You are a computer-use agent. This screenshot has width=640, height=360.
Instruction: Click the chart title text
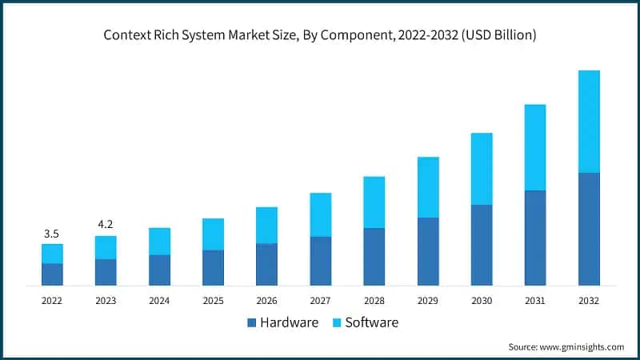point(320,35)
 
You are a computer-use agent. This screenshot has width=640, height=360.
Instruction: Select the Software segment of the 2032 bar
point(589,121)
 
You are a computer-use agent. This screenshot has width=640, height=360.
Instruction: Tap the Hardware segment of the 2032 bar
point(589,229)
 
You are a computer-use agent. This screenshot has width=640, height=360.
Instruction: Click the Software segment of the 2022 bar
point(52,254)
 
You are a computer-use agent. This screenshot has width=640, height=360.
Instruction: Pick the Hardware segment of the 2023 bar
point(106,272)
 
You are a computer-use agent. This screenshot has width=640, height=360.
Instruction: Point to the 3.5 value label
point(52,234)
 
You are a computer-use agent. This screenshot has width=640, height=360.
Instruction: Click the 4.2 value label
point(106,225)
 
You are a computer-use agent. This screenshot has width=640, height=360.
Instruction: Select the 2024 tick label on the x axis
point(159,301)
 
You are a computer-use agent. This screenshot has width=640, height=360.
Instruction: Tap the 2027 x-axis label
point(320,301)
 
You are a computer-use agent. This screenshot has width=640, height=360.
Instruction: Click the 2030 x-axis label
point(482,301)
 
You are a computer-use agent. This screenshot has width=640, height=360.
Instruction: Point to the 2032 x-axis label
point(589,301)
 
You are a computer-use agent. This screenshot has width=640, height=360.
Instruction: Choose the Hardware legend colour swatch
point(252,323)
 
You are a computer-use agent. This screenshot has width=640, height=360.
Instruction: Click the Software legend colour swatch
point(337,323)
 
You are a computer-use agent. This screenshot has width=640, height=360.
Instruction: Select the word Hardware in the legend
point(289,323)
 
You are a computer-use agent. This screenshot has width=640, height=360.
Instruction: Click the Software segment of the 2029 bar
point(428,187)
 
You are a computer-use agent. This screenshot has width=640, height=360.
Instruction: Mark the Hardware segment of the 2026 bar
point(266,264)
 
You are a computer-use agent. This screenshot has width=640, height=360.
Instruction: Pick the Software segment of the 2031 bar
point(535,147)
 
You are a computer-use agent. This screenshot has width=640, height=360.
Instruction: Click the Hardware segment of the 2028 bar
point(374,256)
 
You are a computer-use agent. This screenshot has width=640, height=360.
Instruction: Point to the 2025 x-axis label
point(213,301)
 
